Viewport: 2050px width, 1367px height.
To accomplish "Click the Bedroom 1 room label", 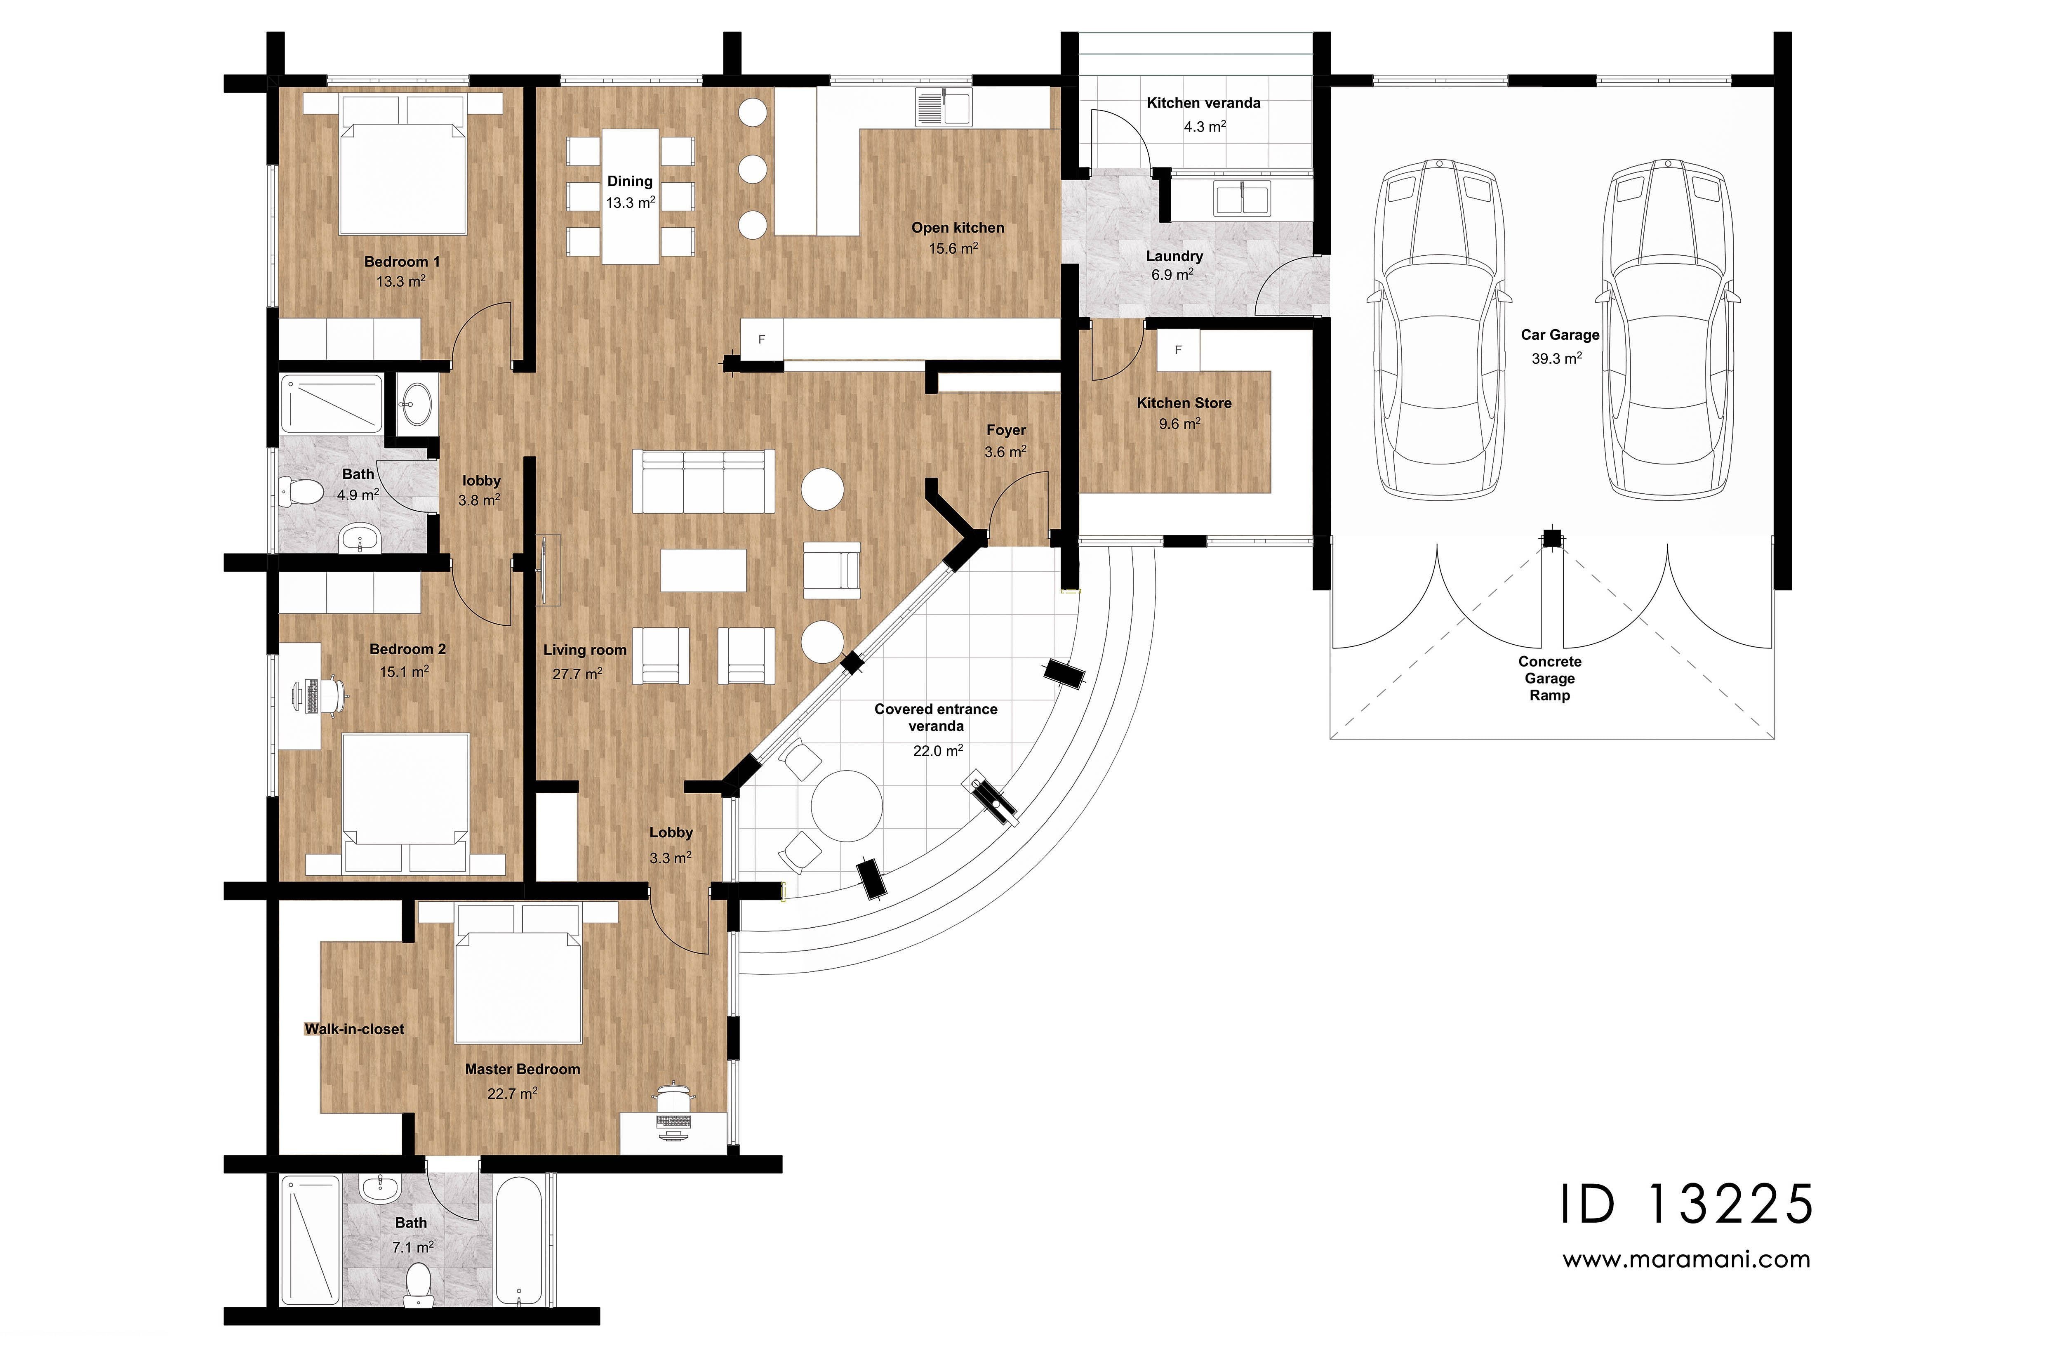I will (402, 262).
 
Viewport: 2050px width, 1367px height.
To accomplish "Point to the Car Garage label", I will (1559, 335).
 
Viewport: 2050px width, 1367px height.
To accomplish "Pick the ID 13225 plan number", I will (1686, 1205).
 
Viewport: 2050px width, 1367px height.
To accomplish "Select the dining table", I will (630, 196).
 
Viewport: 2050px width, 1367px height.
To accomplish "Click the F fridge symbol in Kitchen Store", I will (1178, 351).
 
